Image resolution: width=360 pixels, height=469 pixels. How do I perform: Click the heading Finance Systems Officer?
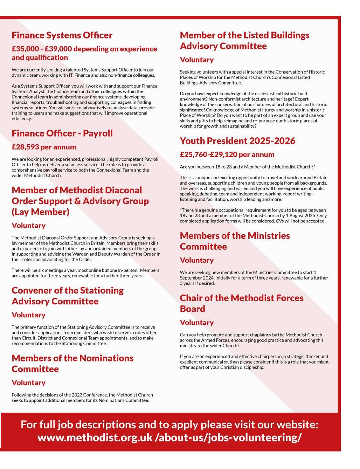62,35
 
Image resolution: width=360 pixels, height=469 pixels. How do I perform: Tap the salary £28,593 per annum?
44,147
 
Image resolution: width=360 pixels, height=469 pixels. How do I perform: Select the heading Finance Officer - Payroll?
62,133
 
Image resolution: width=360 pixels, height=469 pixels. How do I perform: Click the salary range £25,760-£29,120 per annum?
227,154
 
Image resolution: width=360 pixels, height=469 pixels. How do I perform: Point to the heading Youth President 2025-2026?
237,141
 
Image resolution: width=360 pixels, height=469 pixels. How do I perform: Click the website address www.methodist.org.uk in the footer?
95,438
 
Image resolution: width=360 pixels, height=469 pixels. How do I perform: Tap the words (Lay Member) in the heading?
40,212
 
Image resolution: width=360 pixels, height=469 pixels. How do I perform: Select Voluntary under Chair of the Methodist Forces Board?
196,323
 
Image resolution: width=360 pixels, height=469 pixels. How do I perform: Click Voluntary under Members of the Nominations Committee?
28,382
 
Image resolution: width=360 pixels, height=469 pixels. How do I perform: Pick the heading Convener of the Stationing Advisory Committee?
68,296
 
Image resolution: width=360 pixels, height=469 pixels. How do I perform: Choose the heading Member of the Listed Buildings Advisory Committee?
244,41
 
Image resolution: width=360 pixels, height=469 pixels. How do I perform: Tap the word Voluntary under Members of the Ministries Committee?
196,260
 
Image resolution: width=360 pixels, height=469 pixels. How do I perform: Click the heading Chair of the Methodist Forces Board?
242,303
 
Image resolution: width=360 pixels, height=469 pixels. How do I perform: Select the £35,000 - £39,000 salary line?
84,53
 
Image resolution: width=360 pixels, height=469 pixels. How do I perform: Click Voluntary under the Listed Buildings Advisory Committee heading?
196,60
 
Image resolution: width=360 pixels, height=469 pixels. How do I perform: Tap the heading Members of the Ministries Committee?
235,241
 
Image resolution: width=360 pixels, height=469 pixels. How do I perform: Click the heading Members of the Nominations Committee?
72,363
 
